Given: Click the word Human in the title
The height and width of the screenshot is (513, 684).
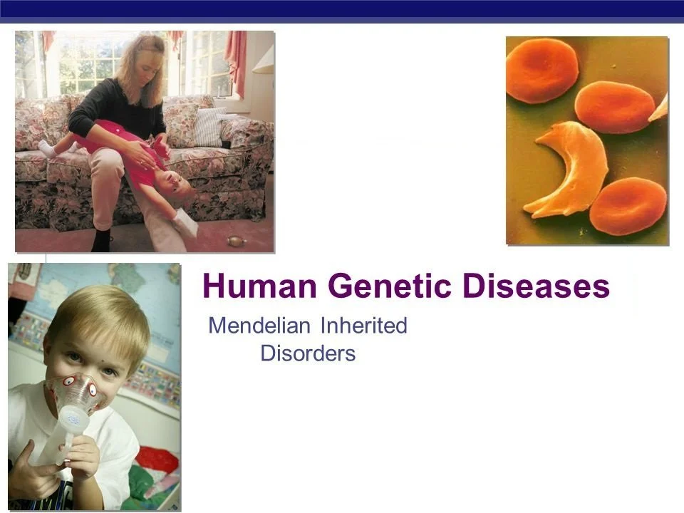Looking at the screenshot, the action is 259,286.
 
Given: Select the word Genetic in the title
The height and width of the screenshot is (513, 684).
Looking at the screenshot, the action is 390,286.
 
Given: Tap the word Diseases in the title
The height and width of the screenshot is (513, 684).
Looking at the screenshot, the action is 536,286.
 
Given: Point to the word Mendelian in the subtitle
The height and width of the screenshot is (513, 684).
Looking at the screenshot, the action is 259,326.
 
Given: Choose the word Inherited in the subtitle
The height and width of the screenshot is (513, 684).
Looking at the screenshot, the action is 364,326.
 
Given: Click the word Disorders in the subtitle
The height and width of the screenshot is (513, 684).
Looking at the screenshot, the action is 308,353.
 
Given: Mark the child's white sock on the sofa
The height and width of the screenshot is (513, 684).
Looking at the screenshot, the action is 47,149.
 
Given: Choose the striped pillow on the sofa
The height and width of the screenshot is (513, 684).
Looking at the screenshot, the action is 211,127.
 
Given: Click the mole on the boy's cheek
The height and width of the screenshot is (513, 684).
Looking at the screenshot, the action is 103,361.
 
